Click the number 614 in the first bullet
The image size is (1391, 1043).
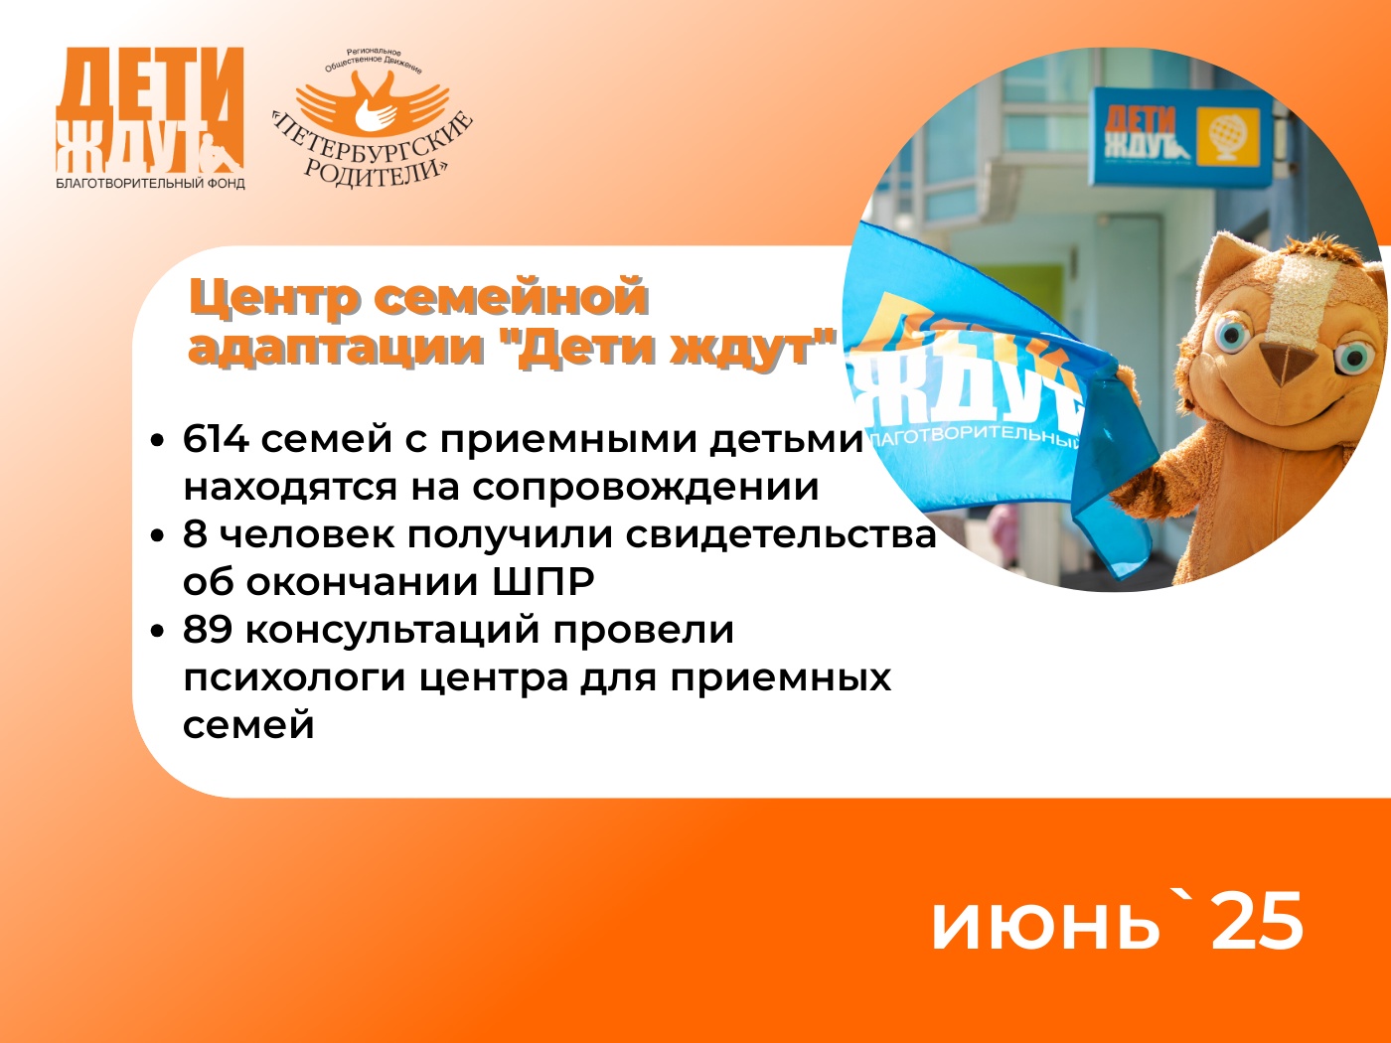pyautogui.click(x=216, y=439)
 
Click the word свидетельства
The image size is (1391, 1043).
pyautogui.click(x=781, y=534)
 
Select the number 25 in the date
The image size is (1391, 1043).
pyautogui.click(x=1257, y=922)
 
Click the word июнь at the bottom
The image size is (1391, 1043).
pyautogui.click(x=1045, y=925)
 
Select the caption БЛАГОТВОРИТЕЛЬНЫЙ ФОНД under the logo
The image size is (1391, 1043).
pyautogui.click(x=150, y=184)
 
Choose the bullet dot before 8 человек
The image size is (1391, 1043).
pyautogui.click(x=157, y=535)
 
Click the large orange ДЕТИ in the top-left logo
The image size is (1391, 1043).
pyautogui.click(x=150, y=84)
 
